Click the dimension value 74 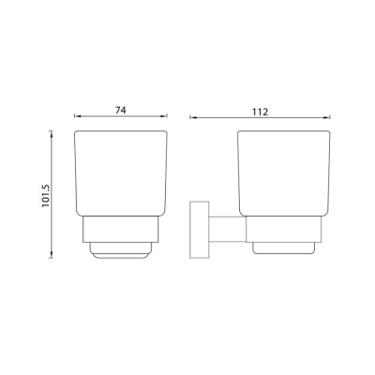[121, 110]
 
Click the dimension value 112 [261, 112]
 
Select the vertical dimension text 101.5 [46, 196]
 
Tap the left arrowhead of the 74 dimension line [78, 116]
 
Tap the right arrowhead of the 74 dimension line [164, 116]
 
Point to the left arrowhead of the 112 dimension [193, 118]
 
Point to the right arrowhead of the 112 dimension [327, 118]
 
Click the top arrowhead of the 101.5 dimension [52, 134]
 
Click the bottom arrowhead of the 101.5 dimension [52, 255]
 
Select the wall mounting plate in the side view [199, 230]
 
